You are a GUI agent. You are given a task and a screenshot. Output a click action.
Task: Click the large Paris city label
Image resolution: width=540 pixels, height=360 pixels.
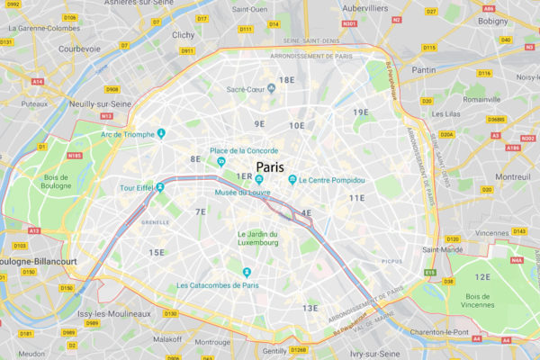point(270,167)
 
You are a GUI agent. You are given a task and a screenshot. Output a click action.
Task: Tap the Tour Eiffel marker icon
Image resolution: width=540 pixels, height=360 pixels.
point(160,188)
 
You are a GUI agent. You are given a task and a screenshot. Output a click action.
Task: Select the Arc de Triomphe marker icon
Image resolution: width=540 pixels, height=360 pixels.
point(161,134)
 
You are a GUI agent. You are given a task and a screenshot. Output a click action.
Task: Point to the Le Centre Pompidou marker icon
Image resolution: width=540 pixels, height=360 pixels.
point(292,180)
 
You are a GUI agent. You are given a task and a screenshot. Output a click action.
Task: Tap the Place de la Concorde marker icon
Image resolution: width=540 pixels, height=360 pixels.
point(220,162)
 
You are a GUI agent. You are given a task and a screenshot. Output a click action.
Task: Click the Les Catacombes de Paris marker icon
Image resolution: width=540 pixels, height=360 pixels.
point(246,272)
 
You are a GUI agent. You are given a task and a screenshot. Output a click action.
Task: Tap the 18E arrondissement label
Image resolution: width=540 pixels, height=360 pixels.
point(286,79)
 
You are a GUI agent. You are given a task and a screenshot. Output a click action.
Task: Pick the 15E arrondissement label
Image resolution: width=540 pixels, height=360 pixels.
point(157,252)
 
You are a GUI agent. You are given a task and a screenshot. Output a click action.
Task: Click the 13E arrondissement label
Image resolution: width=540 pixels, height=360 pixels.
point(310,308)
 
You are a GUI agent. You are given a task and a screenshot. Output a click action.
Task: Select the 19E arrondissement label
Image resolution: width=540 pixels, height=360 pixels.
point(361,112)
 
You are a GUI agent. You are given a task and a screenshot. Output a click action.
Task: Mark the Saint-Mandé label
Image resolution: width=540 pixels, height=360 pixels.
point(443,250)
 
